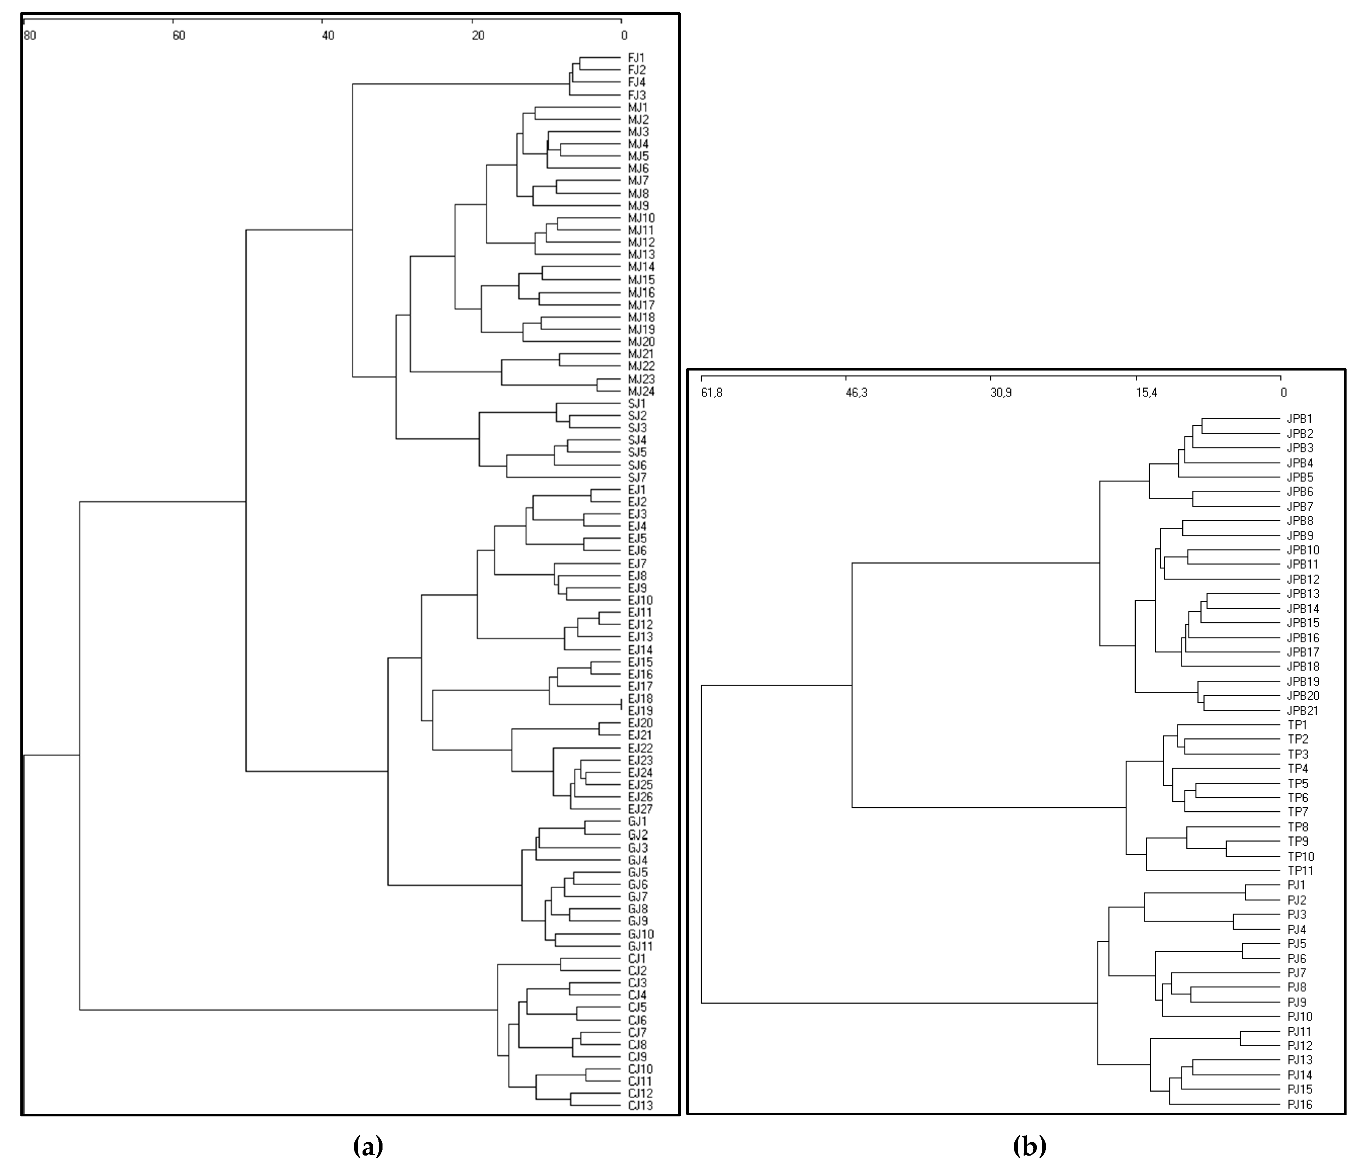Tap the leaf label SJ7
637,477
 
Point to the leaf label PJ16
1299,1104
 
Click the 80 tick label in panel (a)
30,35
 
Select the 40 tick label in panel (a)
328,35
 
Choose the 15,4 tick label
1146,393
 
